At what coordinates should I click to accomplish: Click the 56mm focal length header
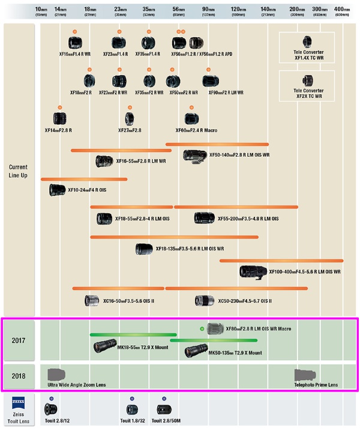tap(178, 11)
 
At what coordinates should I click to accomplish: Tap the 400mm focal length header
tap(342, 11)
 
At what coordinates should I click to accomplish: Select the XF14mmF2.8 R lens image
tap(59, 119)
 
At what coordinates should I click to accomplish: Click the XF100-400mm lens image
tap(252, 271)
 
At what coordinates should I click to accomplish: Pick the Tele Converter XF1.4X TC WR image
tap(307, 41)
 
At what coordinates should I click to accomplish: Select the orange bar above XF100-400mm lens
tap(281, 261)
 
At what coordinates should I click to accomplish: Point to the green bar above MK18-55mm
tap(133, 335)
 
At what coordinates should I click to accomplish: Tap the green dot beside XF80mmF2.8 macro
tap(202, 329)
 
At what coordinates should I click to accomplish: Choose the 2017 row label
tap(19, 341)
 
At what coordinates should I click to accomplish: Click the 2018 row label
tap(19, 377)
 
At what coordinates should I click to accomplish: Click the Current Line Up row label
tap(18, 171)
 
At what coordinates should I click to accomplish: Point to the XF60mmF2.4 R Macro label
tap(196, 130)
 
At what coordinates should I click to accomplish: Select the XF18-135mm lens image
tap(144, 249)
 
